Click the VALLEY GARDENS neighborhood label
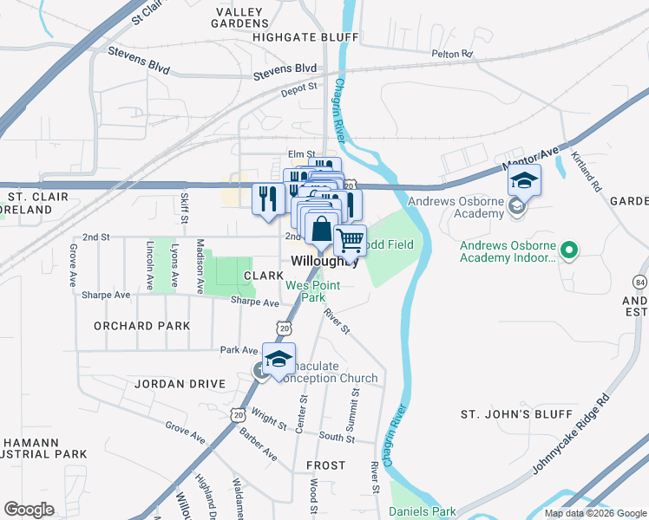243,16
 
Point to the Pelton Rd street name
453,54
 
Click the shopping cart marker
350,239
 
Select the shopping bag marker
321,231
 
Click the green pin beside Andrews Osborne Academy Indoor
568,252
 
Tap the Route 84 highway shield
639,282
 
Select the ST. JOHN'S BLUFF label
516,414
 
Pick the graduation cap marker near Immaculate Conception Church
279,360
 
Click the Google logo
29,510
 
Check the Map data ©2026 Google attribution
594,513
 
